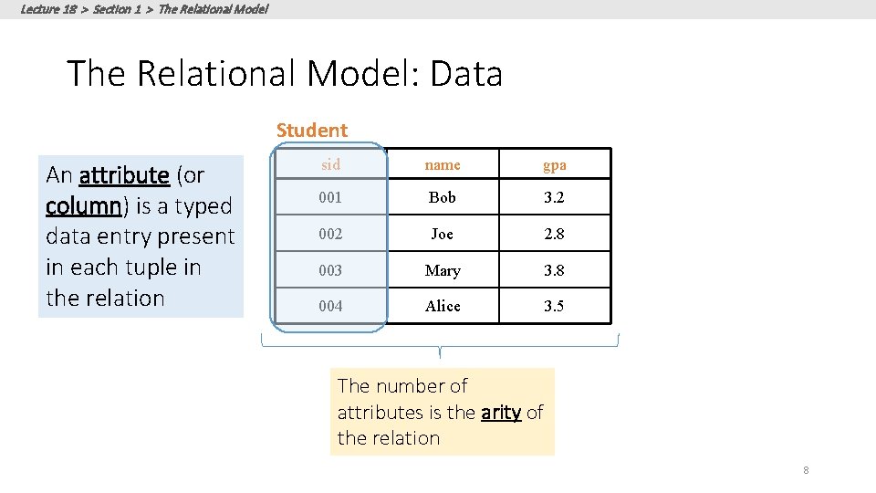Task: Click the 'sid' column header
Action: (330, 165)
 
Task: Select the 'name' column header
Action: (443, 165)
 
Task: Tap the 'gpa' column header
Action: (554, 165)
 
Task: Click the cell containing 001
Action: (330, 198)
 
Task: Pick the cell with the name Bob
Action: (443, 198)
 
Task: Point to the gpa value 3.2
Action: (554, 198)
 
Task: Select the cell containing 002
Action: (330, 234)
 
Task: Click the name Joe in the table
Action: (443, 234)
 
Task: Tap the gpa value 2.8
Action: (554, 234)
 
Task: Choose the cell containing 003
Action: (330, 270)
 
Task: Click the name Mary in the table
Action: (443, 270)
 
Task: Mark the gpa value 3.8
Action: (554, 270)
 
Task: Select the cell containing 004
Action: (330, 306)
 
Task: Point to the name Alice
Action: (443, 306)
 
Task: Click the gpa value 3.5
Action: (554, 306)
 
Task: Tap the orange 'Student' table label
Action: (312, 131)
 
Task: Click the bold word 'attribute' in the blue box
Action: (124, 174)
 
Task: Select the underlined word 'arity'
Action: (501, 413)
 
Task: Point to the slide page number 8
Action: (806, 470)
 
